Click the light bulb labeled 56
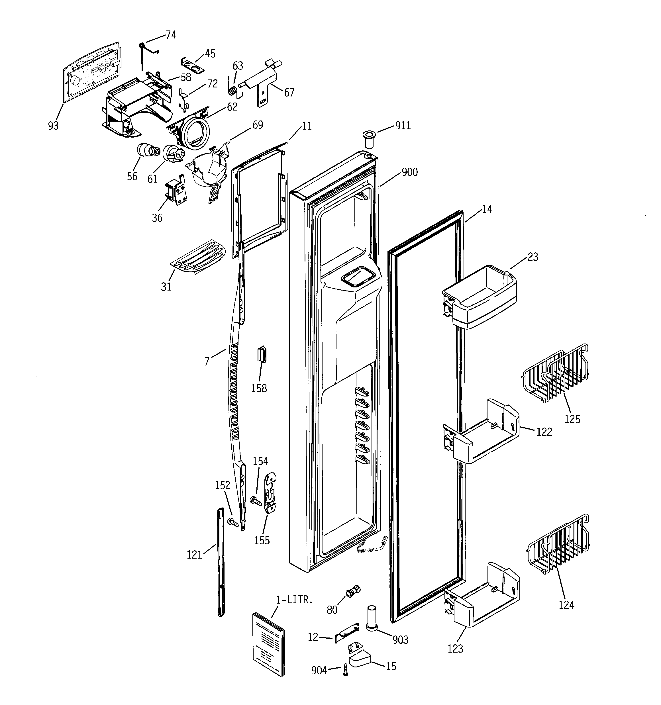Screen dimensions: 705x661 pyautogui.click(x=147, y=150)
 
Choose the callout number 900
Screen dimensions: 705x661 pyautogui.click(x=409, y=172)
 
